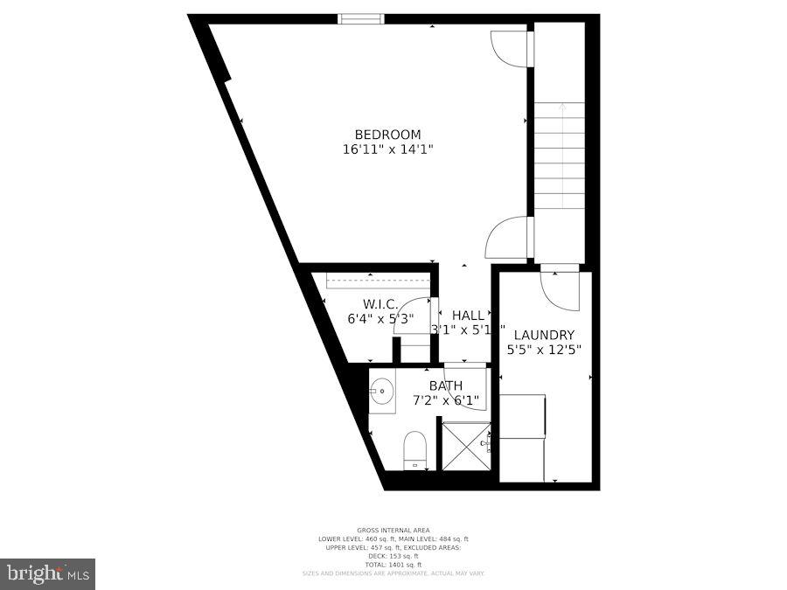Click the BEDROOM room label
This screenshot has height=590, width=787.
click(x=387, y=135)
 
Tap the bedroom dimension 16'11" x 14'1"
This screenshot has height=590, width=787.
click(x=387, y=149)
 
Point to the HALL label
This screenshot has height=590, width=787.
click(x=468, y=316)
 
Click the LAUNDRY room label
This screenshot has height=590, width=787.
click(x=544, y=335)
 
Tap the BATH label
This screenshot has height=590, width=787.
click(x=445, y=385)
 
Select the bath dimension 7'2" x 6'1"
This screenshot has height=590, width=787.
click(x=445, y=401)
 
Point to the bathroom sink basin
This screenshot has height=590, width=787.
click(x=381, y=391)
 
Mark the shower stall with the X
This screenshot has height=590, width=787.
click(x=466, y=446)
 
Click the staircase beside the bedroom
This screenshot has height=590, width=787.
click(x=559, y=157)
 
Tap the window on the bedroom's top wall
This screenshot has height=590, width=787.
click(x=361, y=19)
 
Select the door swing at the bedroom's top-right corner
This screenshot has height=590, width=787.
click(x=510, y=47)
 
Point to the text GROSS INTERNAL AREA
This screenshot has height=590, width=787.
click(x=393, y=531)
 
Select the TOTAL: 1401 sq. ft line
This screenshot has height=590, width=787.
click(x=393, y=565)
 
